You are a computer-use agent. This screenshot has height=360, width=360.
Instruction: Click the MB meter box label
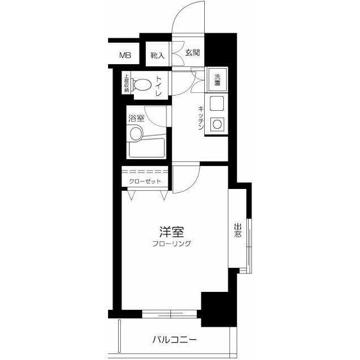[125, 55]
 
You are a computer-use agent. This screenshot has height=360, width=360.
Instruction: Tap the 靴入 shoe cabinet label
[157, 55]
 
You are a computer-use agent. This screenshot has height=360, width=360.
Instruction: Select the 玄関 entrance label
[192, 52]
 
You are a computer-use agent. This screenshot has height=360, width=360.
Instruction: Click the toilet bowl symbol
[141, 85]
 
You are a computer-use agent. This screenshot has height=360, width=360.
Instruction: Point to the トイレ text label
[159, 86]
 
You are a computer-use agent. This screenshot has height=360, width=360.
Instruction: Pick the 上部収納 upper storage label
[127, 83]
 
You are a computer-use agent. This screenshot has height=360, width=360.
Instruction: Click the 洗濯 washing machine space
[217, 80]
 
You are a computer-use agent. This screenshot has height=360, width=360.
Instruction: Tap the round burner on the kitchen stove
[217, 124]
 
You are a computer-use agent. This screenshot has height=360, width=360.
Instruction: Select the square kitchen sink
[217, 103]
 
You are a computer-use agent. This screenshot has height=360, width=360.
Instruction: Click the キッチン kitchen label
[201, 118]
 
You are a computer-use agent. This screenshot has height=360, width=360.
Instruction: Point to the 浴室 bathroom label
[136, 118]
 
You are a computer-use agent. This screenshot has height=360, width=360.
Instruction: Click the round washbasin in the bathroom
[136, 134]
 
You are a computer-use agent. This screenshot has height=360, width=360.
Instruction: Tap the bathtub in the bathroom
[147, 147]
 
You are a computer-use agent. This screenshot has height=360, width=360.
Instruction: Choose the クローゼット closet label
[145, 181]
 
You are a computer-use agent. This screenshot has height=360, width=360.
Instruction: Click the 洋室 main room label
[172, 232]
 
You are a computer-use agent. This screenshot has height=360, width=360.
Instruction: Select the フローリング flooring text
[172, 244]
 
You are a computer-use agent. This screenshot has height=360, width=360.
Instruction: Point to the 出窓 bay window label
[238, 230]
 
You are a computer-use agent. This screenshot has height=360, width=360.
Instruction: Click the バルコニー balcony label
[175, 339]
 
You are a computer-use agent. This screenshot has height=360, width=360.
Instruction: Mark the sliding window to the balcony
[169, 314]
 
